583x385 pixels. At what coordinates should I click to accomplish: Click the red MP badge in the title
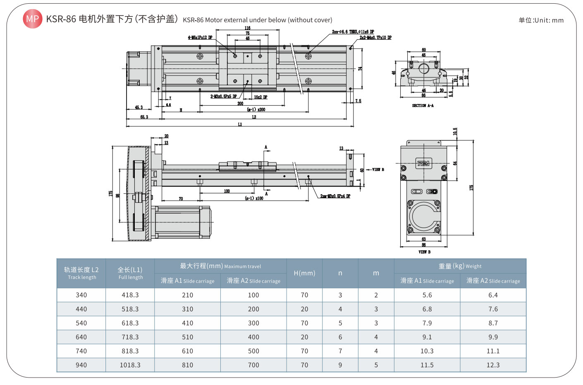(x=32, y=19)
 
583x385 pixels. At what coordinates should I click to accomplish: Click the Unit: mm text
(x=541, y=20)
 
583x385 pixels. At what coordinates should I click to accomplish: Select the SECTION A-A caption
(x=423, y=106)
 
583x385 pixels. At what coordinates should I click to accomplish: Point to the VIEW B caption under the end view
(x=424, y=252)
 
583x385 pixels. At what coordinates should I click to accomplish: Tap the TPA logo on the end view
(x=423, y=163)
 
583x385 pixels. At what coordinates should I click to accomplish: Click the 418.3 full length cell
(x=130, y=295)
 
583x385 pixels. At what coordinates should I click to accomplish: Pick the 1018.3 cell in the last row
(x=130, y=365)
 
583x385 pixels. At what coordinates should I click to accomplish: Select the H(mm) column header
(x=304, y=273)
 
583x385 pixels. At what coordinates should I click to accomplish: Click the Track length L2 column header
(x=81, y=273)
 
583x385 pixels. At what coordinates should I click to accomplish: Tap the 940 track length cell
(x=81, y=365)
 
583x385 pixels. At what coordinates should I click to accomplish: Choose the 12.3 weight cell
(x=493, y=365)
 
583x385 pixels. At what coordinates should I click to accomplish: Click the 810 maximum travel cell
(x=187, y=365)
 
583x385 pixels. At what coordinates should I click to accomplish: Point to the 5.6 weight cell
(x=427, y=295)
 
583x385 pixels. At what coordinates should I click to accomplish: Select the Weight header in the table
(x=460, y=266)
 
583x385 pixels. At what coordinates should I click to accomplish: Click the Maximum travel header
(x=220, y=266)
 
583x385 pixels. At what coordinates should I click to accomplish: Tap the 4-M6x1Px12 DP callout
(x=200, y=38)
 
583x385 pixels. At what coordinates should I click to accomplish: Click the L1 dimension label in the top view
(x=240, y=124)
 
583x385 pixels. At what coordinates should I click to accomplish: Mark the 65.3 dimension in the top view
(x=144, y=117)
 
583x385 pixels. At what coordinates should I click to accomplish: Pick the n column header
(x=340, y=273)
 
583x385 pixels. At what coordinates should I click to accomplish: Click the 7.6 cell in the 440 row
(x=493, y=309)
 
